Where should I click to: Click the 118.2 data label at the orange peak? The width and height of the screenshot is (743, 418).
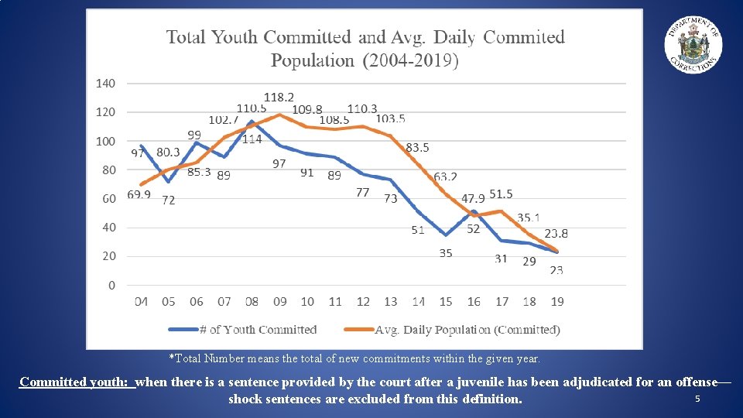click(x=279, y=98)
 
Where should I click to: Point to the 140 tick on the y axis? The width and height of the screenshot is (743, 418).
click(x=106, y=83)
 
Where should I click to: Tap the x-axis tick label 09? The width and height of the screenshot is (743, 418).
click(x=279, y=301)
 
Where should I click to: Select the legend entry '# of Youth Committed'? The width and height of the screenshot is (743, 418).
click(x=243, y=330)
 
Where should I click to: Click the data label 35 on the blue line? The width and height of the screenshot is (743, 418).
click(x=446, y=253)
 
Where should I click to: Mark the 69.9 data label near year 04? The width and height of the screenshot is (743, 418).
click(x=139, y=195)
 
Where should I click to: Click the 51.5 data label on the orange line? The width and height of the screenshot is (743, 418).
click(x=501, y=194)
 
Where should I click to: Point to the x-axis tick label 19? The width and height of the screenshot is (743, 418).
click(x=556, y=301)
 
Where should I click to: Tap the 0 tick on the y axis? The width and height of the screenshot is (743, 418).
click(x=111, y=286)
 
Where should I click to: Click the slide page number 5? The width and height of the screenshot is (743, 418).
click(x=697, y=399)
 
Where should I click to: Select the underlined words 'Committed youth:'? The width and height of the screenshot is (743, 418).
click(x=77, y=382)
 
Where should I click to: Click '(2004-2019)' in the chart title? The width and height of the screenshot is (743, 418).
click(x=410, y=61)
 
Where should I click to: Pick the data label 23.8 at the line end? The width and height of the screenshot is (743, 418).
click(x=556, y=233)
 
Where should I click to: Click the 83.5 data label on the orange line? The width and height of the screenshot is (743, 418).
click(x=418, y=147)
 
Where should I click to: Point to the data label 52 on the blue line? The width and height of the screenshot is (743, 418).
click(x=473, y=228)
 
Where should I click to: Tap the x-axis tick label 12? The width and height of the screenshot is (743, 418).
click(x=363, y=301)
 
